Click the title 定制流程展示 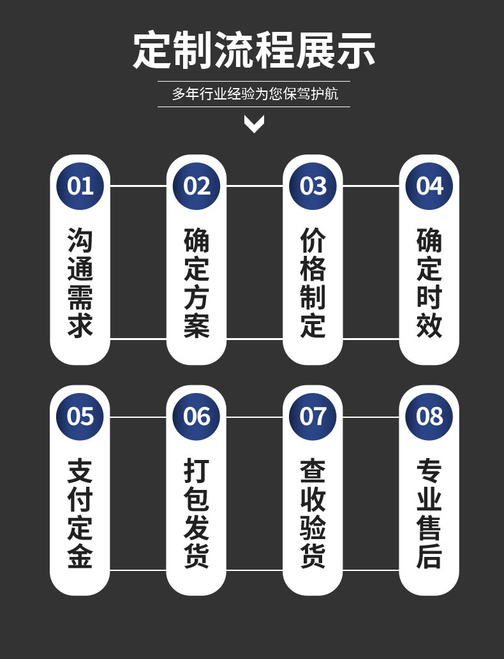tap(254, 50)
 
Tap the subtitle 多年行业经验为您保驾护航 tap(254, 94)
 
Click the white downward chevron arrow tap(254, 124)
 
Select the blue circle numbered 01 tap(80, 186)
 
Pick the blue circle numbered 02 tap(196, 186)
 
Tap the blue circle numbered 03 tap(313, 186)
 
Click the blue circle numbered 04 tap(429, 186)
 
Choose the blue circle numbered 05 tap(80, 417)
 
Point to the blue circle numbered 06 tap(196, 417)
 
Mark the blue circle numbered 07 tap(313, 417)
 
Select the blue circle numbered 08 tap(429, 417)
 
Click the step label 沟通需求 tap(80, 283)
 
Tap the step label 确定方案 tap(196, 283)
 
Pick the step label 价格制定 tap(313, 283)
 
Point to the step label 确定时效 tap(429, 283)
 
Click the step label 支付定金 tap(80, 514)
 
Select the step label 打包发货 tap(196, 514)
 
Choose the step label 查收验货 tap(313, 514)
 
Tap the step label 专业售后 tap(429, 514)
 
